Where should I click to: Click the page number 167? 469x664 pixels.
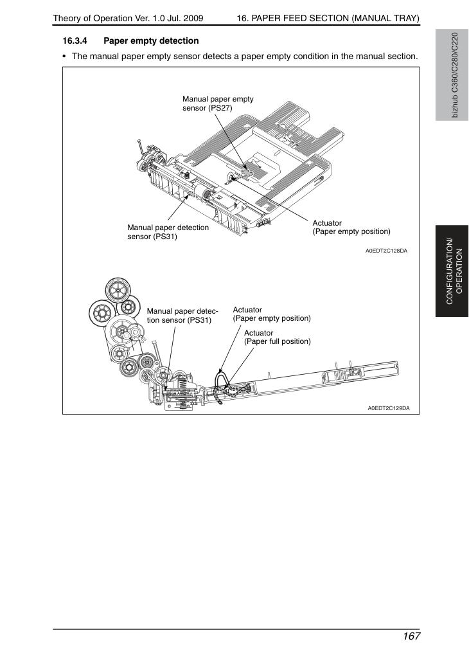[x=411, y=636]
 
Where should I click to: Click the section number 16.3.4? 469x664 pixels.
[x=75, y=41]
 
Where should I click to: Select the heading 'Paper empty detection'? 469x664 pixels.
[x=151, y=41]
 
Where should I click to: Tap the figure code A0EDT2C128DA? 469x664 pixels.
[x=386, y=251]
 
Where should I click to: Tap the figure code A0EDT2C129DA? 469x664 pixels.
[x=389, y=408]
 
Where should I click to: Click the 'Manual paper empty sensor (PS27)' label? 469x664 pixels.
[x=218, y=103]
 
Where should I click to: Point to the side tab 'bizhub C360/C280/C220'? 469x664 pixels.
[x=452, y=75]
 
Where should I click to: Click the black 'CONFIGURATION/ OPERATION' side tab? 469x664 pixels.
[x=452, y=271]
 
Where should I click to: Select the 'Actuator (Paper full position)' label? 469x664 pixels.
[x=278, y=337]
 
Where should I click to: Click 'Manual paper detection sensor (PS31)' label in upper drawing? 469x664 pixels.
[x=168, y=232]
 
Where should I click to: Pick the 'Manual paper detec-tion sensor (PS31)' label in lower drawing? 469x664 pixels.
[x=182, y=316]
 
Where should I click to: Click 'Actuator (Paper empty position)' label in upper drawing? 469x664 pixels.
[x=351, y=228]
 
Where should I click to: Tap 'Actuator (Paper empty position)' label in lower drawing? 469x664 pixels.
[x=272, y=314]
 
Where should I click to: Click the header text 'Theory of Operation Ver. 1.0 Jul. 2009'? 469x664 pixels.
[x=128, y=18]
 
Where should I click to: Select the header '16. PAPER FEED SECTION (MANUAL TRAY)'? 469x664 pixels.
[x=328, y=18]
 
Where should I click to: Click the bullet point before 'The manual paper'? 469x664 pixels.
[x=64, y=57]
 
